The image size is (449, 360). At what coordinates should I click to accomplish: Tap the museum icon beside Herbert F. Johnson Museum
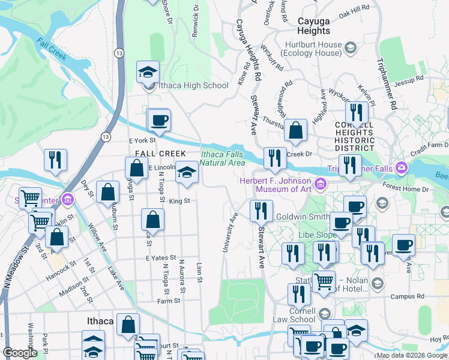(x=321, y=182)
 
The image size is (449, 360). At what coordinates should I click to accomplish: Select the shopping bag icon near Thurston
(x=295, y=130)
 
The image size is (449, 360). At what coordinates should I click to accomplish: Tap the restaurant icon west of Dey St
(x=55, y=160)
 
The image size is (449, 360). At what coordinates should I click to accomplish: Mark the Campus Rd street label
(x=407, y=296)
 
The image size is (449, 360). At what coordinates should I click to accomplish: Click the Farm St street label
(x=169, y=301)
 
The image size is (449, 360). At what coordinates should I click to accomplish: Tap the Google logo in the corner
(x=20, y=353)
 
